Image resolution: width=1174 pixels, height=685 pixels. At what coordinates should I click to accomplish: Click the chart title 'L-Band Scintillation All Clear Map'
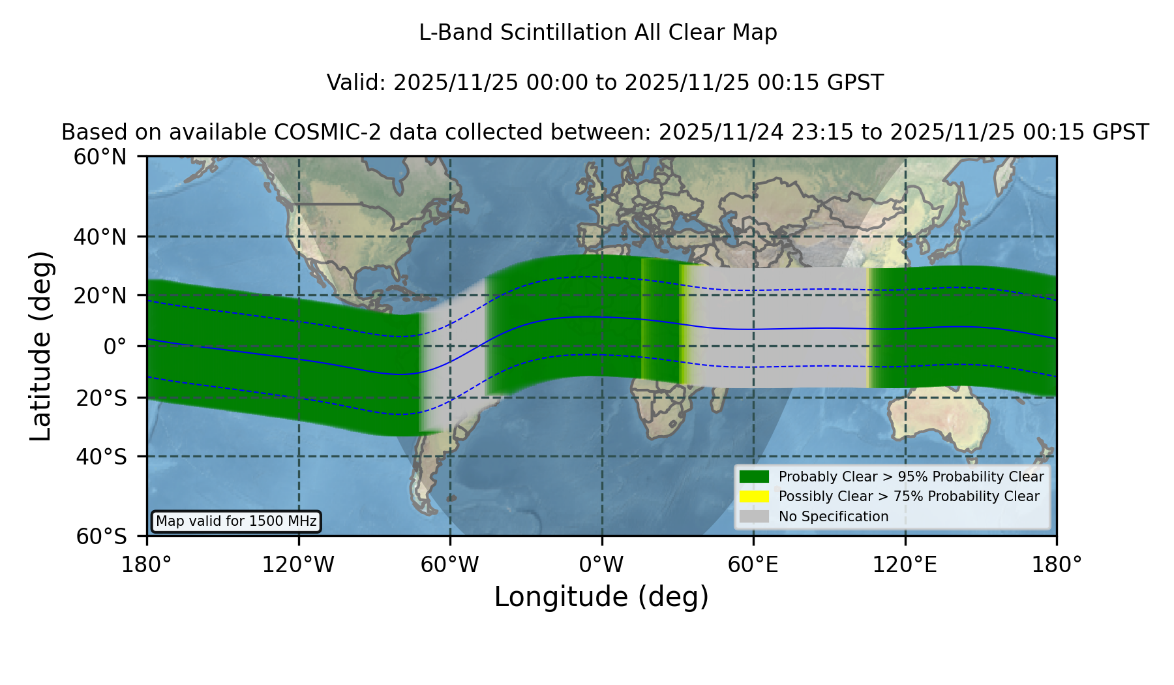(x=597, y=33)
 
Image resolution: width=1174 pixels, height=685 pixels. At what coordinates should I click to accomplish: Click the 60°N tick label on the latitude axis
(x=100, y=157)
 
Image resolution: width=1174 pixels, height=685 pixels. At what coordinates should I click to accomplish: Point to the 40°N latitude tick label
(x=100, y=237)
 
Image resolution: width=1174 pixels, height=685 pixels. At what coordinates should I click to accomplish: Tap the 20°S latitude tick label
(x=101, y=398)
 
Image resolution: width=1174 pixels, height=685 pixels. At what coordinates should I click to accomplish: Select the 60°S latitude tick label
(x=101, y=536)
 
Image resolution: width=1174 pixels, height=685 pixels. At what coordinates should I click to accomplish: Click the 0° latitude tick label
(x=115, y=346)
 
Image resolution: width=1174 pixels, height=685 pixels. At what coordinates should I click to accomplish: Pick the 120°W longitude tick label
(x=298, y=565)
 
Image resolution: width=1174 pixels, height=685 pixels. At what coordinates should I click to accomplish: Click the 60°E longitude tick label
(x=753, y=565)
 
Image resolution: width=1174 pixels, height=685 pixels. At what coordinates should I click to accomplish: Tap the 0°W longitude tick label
(x=602, y=565)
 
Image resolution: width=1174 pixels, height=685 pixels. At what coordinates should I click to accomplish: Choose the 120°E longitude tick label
(x=905, y=565)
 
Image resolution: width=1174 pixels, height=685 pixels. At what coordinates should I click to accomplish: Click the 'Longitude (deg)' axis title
(x=601, y=597)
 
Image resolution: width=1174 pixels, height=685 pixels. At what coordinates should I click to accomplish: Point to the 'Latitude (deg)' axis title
(x=40, y=346)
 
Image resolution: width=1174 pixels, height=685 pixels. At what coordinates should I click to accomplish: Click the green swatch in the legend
(x=755, y=476)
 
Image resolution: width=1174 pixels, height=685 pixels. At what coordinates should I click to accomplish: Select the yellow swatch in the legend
(x=755, y=496)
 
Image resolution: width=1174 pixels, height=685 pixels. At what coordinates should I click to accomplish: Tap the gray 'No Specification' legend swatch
(x=755, y=517)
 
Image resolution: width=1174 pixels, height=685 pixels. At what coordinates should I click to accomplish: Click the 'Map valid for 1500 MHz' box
(x=236, y=521)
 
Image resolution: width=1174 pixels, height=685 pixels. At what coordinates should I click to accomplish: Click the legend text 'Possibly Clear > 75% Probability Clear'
(x=909, y=496)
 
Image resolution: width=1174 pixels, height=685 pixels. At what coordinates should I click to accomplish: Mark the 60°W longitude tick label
(x=450, y=565)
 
